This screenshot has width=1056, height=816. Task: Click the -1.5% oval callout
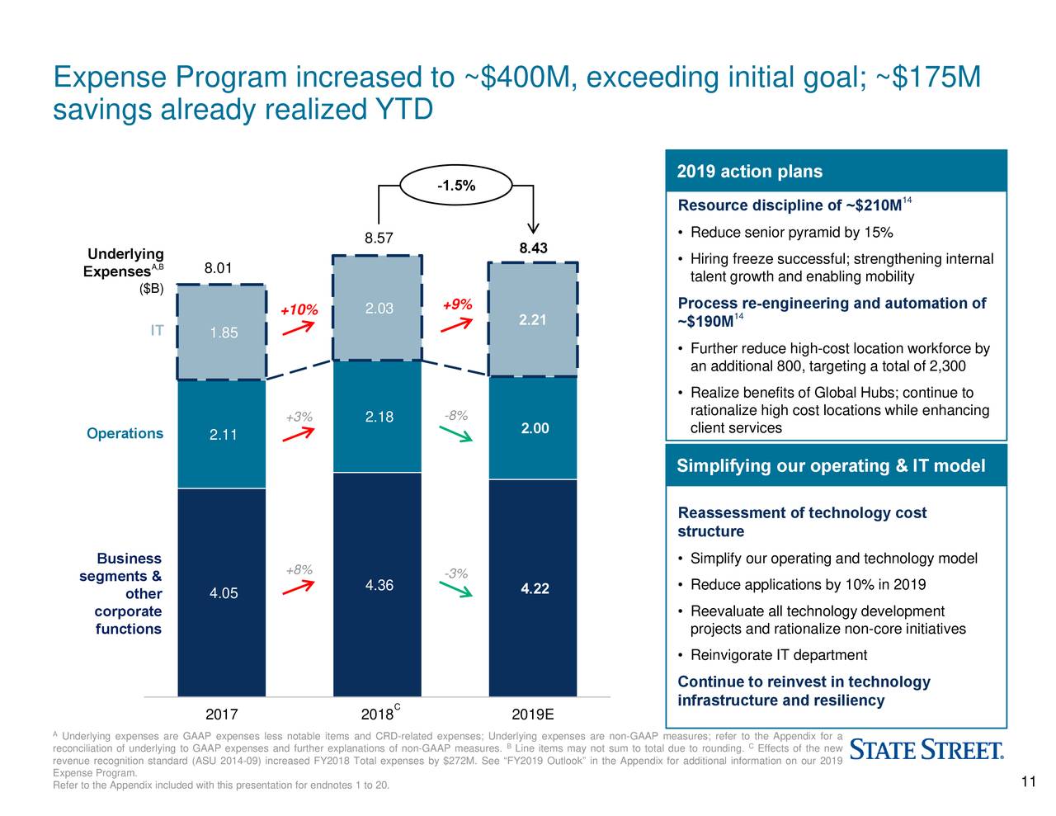455,186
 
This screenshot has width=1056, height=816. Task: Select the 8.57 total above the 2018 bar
378,239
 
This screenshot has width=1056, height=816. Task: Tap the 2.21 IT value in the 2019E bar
533,320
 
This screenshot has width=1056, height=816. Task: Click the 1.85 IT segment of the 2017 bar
223,333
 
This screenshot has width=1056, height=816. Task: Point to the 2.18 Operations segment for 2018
379,417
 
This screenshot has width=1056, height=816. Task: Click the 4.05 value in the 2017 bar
223,594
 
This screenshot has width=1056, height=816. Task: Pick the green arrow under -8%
455,433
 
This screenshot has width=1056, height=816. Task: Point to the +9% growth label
457,305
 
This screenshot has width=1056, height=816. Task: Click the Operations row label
125,434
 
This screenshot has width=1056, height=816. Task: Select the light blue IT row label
157,331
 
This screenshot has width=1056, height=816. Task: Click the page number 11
1028,783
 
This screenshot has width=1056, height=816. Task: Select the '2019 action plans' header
749,172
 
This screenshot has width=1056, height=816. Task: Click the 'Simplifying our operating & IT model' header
830,466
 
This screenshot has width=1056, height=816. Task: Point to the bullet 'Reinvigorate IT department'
778,655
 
